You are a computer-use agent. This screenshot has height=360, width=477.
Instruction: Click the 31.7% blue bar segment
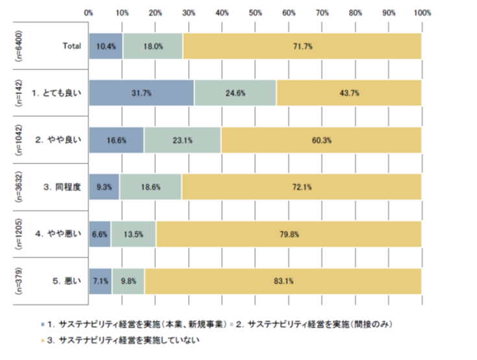click(x=141, y=93)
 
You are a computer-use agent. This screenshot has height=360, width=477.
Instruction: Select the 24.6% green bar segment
click(x=235, y=93)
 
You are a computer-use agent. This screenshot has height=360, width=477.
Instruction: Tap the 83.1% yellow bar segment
click(x=283, y=282)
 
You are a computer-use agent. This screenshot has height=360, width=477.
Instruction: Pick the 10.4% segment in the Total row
click(x=106, y=46)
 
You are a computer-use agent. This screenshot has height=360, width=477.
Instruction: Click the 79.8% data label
click(x=287, y=235)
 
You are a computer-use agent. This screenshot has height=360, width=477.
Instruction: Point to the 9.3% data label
click(x=104, y=187)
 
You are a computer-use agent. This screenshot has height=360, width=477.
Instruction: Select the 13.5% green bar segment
click(x=133, y=235)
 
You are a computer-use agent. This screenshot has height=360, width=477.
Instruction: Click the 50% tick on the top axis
click(x=255, y=12)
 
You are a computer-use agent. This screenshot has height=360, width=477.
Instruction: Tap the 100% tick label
click(x=422, y=12)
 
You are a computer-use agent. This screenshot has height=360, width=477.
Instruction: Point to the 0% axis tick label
click(x=89, y=12)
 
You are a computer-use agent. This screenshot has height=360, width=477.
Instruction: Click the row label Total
click(x=71, y=46)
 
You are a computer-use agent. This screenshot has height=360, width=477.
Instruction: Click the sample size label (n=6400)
click(x=18, y=46)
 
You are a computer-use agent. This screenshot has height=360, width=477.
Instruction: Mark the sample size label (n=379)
click(x=18, y=282)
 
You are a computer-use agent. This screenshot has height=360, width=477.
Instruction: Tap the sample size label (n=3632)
click(x=18, y=187)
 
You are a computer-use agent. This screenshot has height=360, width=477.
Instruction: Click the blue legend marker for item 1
click(x=42, y=322)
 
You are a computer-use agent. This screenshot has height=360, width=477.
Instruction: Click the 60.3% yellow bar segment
click(x=321, y=140)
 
